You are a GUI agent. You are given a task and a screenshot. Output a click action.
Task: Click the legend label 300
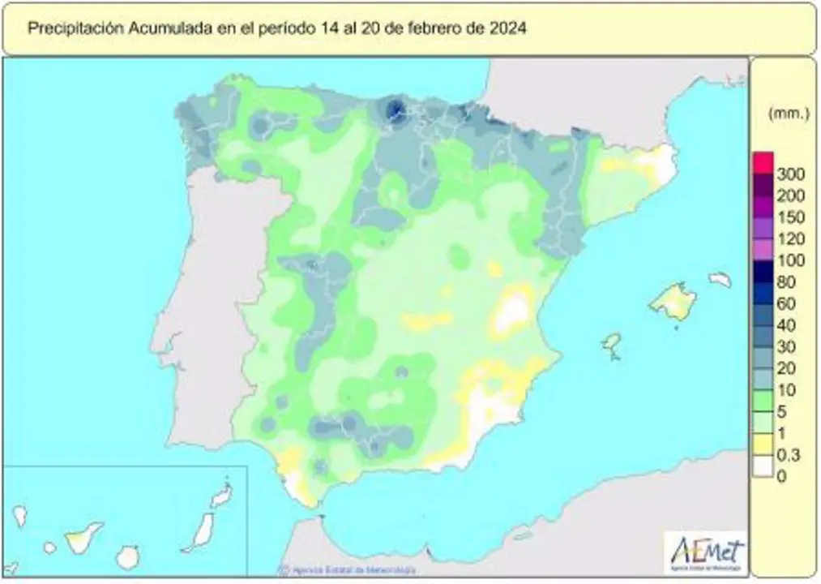click(790, 174)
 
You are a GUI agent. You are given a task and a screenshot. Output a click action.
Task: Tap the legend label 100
click(790, 260)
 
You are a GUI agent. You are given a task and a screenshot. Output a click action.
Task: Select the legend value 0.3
click(789, 456)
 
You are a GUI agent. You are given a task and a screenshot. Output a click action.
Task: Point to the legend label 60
click(786, 304)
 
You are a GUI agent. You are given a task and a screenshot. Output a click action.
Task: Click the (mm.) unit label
click(789, 114)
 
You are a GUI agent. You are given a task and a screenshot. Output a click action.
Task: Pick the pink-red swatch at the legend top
click(762, 162)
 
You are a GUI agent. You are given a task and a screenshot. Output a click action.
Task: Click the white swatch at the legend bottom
click(762, 467)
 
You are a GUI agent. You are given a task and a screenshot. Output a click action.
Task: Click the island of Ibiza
click(612, 344)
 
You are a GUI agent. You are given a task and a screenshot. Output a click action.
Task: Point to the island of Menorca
click(720, 280)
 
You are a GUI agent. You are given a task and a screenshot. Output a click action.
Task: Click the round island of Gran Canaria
click(126, 557)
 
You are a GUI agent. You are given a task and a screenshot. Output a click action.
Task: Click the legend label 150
click(790, 217)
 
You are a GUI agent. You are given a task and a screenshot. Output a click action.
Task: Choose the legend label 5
click(782, 412)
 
